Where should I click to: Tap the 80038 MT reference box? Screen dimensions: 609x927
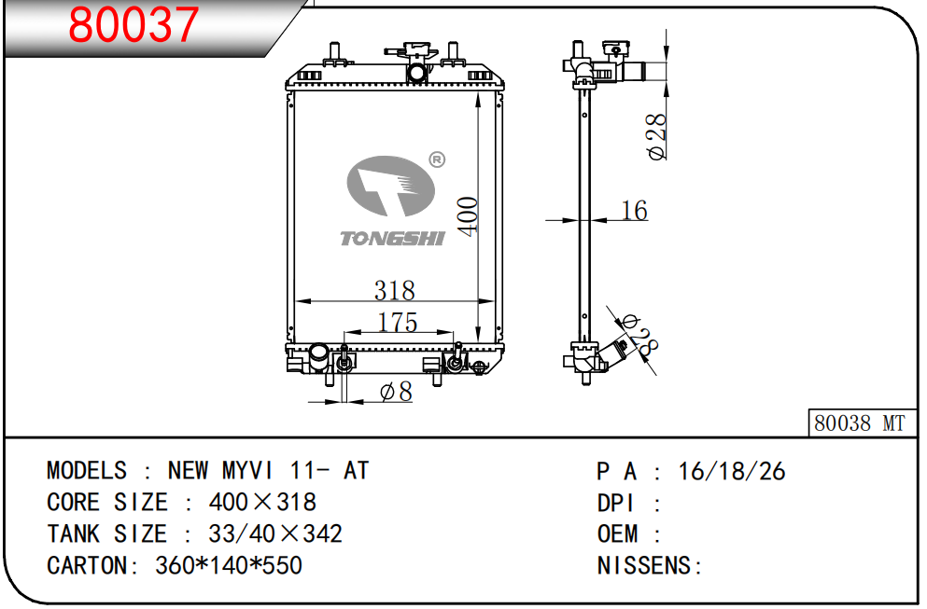click(860, 422)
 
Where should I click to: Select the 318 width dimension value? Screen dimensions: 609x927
click(394, 290)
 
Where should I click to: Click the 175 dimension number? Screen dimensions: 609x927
click(397, 322)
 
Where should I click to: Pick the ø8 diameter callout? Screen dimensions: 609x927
click(396, 393)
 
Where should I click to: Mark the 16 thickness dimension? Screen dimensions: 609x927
click(634, 211)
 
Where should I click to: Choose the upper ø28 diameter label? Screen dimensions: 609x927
click(657, 136)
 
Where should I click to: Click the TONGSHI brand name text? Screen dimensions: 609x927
click(392, 239)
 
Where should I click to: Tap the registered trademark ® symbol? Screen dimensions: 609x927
click(436, 159)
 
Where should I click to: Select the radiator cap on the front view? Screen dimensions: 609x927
click(416, 52)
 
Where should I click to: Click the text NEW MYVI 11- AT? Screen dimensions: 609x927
click(268, 470)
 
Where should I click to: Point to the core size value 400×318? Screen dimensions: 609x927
click(262, 502)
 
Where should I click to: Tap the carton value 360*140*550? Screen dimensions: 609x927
click(228, 565)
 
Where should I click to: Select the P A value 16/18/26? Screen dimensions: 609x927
click(732, 471)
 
